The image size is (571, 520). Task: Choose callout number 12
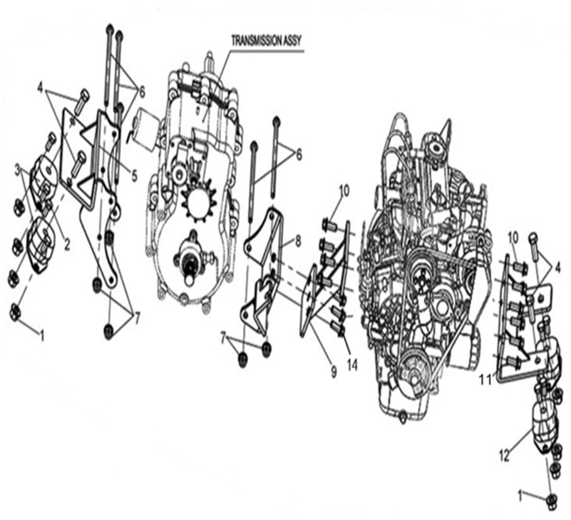tap(504, 456)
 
